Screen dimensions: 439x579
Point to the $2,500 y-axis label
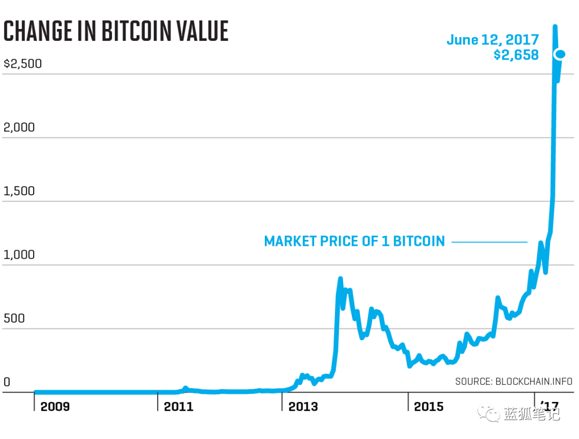click(23, 64)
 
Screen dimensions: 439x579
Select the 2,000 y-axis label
click(19, 128)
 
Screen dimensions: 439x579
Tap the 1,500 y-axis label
click(19, 192)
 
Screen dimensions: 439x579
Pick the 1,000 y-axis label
click(19, 255)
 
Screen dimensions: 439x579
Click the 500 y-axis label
click(14, 319)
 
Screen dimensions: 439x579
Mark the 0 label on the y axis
click(7, 383)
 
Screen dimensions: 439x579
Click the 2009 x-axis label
click(55, 407)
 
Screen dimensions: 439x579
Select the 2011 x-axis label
click(179, 407)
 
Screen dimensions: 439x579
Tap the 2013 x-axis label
click(303, 407)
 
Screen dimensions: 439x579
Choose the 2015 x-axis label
click(428, 407)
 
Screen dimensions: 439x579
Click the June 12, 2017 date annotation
click(492, 40)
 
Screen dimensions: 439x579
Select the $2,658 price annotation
click(516, 55)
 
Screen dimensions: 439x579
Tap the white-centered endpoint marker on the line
click(560, 54)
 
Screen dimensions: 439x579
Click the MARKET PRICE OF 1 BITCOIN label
click(354, 242)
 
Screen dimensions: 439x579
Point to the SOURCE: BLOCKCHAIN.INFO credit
click(514, 382)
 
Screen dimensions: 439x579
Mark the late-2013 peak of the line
click(340, 279)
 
